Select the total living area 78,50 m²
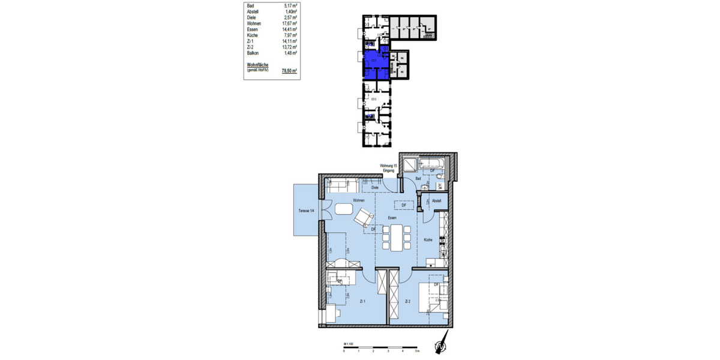289,70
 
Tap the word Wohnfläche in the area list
257,64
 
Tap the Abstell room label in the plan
436,200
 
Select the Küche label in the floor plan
428,240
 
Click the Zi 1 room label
362,301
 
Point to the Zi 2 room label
407,301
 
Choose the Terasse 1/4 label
307,211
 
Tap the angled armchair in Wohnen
364,217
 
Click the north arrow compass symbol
442,346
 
